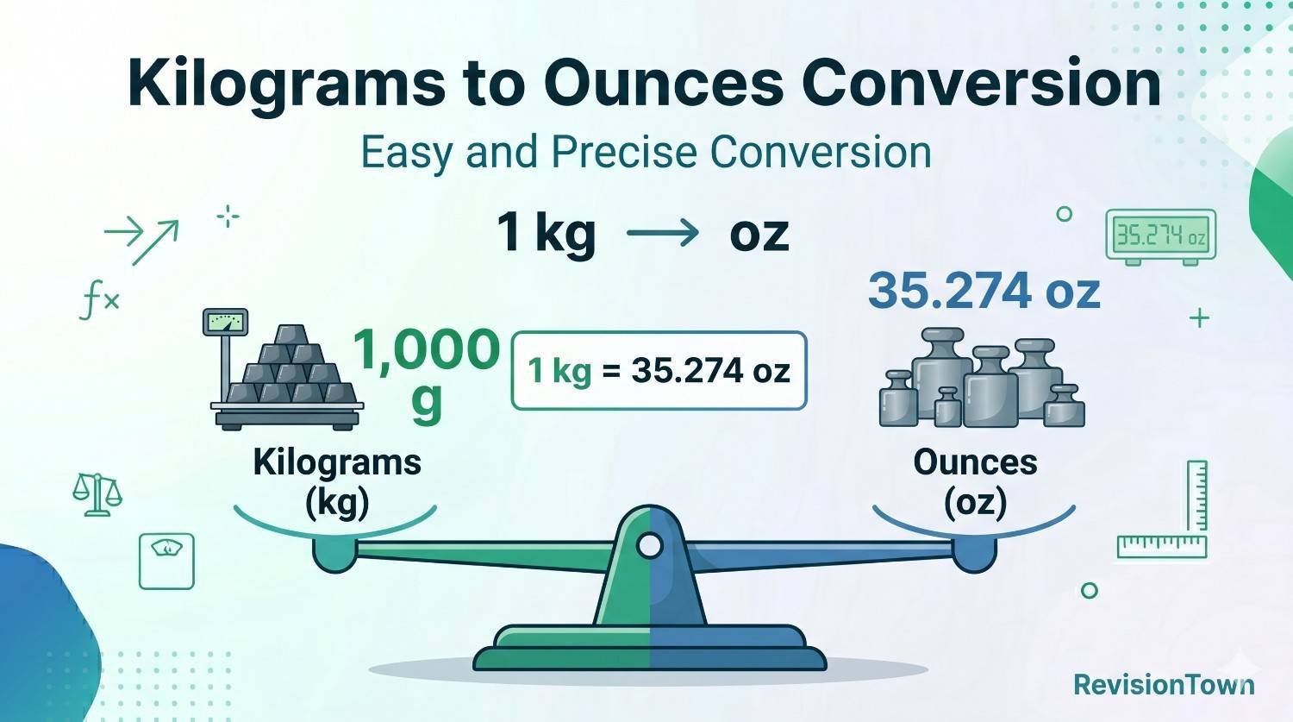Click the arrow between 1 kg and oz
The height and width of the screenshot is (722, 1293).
pyautogui.click(x=662, y=233)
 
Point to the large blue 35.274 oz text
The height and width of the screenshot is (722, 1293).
pyautogui.click(x=984, y=291)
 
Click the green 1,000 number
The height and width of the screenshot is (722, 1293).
pyautogui.click(x=426, y=349)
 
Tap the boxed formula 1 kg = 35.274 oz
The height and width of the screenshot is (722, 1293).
pyautogui.click(x=659, y=371)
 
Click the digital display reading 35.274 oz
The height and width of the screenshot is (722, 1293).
pyautogui.click(x=1160, y=235)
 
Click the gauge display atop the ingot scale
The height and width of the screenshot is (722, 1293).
pyautogui.click(x=225, y=323)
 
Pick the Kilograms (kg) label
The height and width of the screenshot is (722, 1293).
pyautogui.click(x=337, y=481)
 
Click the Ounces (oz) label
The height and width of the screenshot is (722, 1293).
pyautogui.click(x=975, y=481)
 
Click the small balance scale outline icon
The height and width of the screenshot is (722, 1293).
pyautogui.click(x=97, y=494)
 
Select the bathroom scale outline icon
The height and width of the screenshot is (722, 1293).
pyautogui.click(x=166, y=561)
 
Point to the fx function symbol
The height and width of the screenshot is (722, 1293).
pyautogui.click(x=99, y=302)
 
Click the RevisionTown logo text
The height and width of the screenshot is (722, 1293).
pyautogui.click(x=1164, y=685)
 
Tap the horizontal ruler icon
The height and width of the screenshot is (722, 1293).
pyautogui.click(x=1161, y=546)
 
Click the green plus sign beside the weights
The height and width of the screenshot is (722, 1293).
pyautogui.click(x=1199, y=317)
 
